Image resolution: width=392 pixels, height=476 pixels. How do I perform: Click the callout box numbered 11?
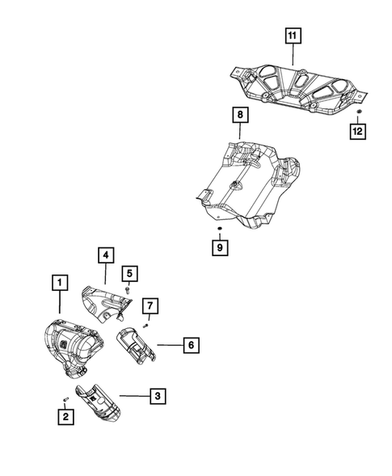click(291, 35)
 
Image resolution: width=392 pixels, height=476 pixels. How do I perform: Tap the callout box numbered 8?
click(239, 116)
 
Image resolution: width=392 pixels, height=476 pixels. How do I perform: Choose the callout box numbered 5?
click(128, 272)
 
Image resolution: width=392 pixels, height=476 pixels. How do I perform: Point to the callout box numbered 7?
click(150, 305)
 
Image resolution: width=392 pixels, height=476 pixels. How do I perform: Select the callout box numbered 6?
click(190, 345)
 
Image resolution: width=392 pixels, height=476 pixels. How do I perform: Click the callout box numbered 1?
click(57, 283)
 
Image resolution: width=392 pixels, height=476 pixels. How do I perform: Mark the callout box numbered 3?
click(158, 395)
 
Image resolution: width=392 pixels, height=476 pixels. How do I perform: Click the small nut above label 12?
click(359, 111)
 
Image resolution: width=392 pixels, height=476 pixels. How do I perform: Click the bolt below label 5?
click(128, 289)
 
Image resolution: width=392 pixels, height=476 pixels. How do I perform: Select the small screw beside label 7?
click(145, 324)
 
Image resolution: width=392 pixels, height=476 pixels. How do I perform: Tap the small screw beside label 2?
click(65, 399)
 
